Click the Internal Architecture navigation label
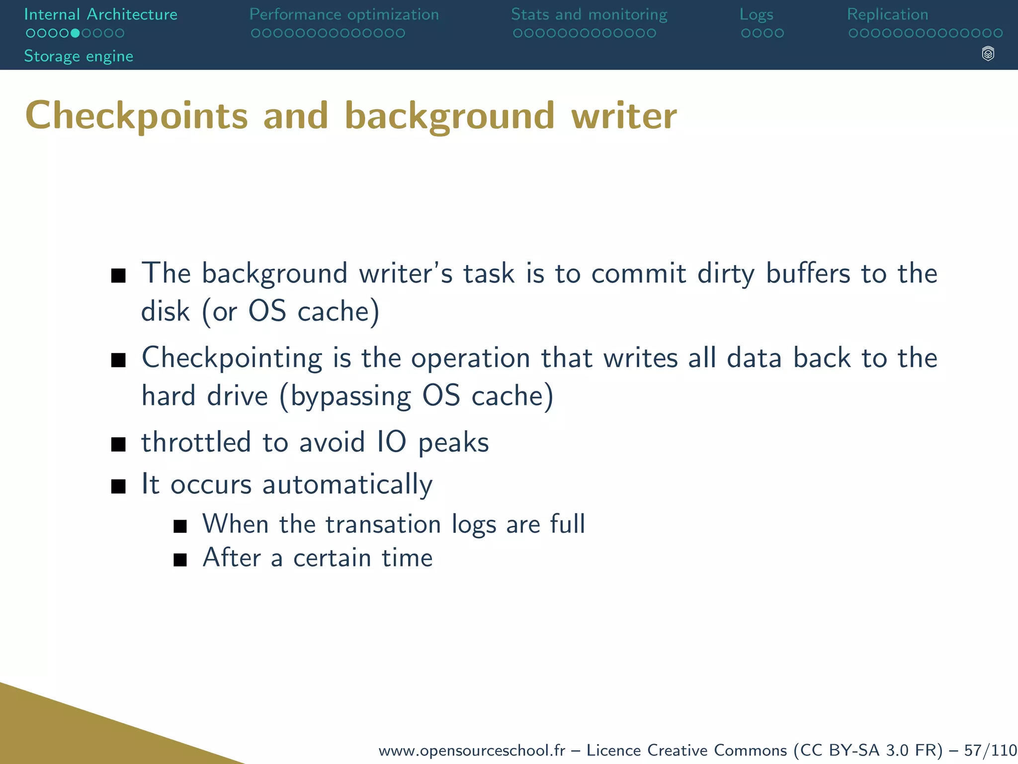tap(100, 14)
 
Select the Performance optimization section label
tap(344, 14)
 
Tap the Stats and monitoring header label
tap(589, 14)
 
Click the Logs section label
tap(756, 14)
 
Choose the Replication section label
tap(887, 14)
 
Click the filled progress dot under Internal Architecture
tap(75, 33)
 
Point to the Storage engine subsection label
tap(79, 56)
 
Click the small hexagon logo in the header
tap(988, 54)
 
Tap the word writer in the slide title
tap(624, 116)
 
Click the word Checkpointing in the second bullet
tap(232, 359)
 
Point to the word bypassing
tap(350, 396)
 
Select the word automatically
tap(347, 484)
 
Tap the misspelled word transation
tap(383, 524)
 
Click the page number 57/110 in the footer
tap(990, 750)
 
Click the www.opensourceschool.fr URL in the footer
tap(472, 750)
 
